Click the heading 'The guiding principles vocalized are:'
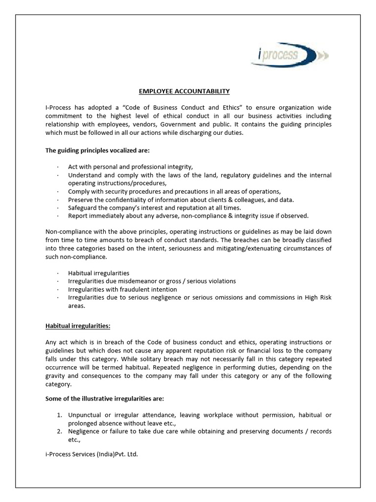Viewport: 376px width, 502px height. (x=95, y=150)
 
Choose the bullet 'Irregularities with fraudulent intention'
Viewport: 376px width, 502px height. (x=122, y=289)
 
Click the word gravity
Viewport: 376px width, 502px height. (x=56, y=376)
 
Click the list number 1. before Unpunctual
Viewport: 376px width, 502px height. (x=60, y=415)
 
